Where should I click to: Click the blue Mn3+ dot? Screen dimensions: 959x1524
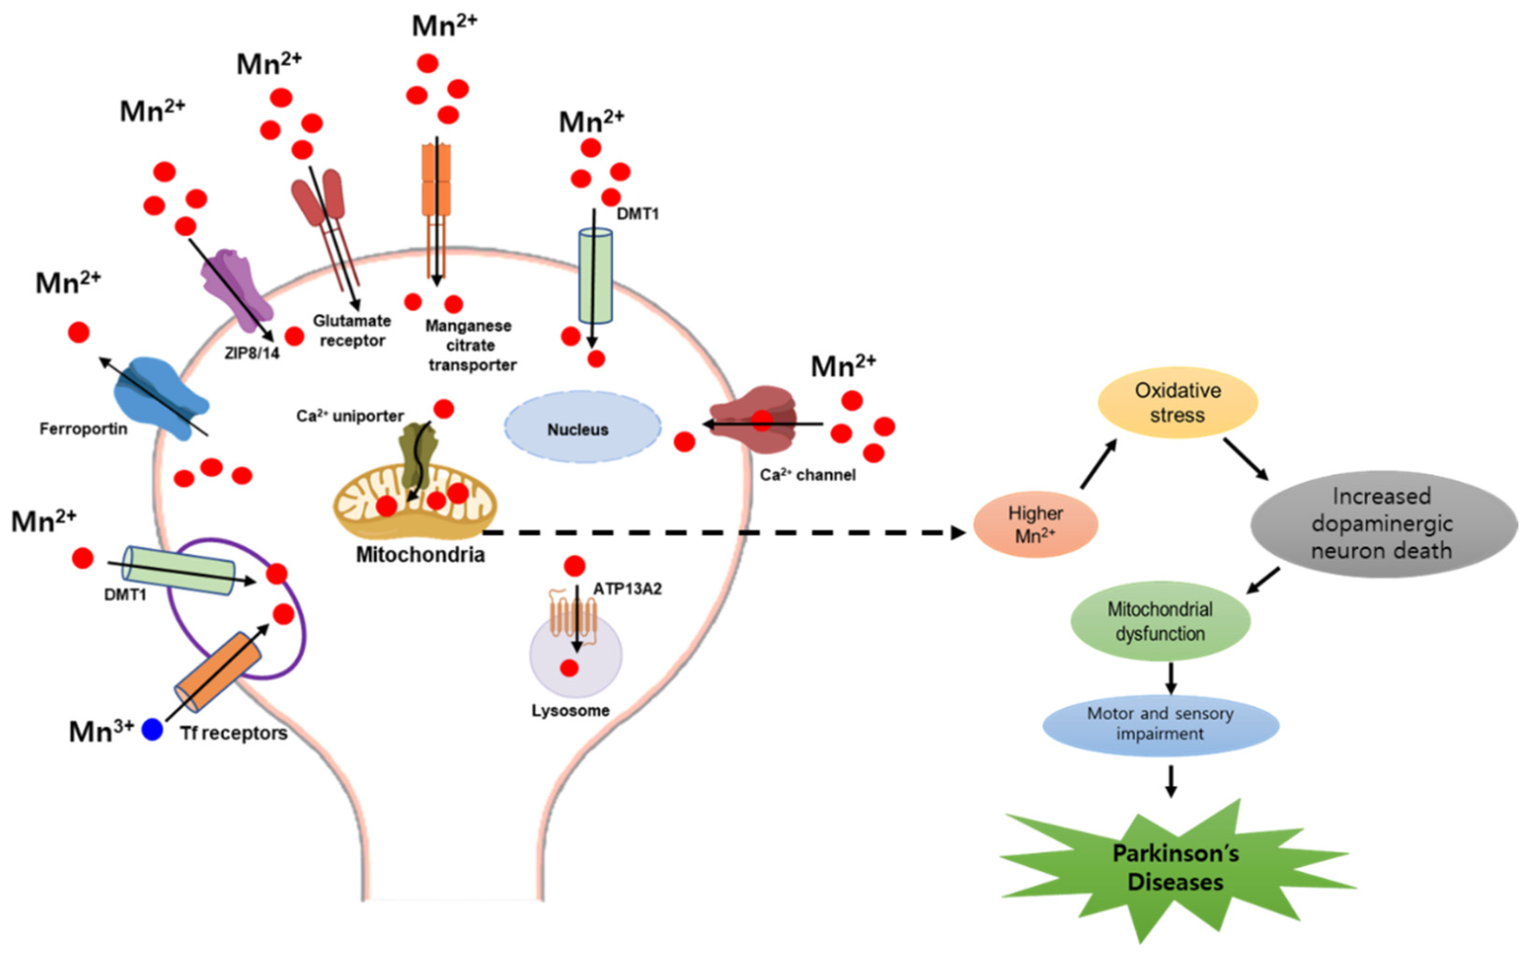(x=152, y=729)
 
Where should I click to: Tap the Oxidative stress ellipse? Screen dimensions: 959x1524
(x=1177, y=403)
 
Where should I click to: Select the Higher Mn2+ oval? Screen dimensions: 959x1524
(x=1035, y=524)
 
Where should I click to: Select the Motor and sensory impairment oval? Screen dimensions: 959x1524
(x=1161, y=724)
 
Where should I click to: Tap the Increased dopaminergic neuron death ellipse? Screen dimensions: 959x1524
(x=1383, y=523)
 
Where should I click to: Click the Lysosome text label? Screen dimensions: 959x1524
(x=570, y=711)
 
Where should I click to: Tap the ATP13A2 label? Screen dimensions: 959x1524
(x=627, y=588)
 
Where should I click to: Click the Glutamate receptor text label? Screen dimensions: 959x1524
(x=352, y=330)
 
